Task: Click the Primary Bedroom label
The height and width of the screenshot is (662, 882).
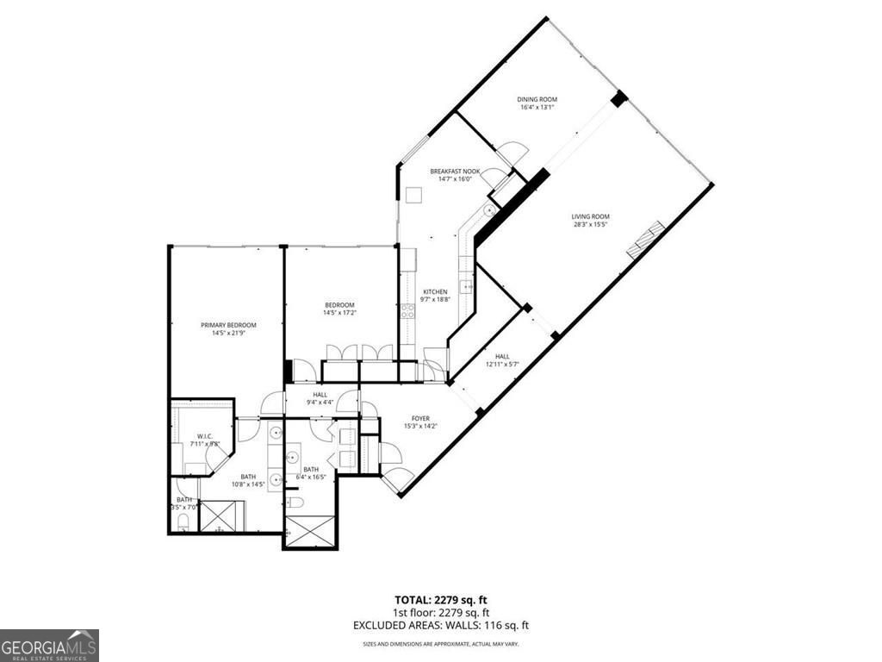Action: tap(228, 325)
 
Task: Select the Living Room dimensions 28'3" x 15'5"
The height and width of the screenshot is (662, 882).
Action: tap(590, 225)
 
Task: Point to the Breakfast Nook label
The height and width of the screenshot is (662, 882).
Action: tap(455, 172)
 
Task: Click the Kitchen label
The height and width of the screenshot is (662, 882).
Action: tap(434, 292)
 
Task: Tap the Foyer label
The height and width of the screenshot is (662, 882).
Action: tap(419, 419)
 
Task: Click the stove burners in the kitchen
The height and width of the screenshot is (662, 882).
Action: tap(407, 311)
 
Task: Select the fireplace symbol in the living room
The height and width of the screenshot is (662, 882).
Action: tap(646, 240)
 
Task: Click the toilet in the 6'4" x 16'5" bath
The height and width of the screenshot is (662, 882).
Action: tap(294, 502)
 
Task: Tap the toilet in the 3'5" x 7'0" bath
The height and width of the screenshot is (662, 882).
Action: tap(183, 520)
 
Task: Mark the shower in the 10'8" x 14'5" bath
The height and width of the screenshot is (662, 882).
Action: tap(222, 515)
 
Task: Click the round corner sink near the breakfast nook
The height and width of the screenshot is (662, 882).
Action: tap(489, 209)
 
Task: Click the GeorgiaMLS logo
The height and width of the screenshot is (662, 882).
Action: tap(49, 645)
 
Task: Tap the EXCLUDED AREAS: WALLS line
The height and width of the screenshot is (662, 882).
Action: tap(440, 625)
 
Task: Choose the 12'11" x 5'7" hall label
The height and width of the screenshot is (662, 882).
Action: tap(502, 360)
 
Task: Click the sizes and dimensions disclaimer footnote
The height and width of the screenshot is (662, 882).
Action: tap(440, 644)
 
